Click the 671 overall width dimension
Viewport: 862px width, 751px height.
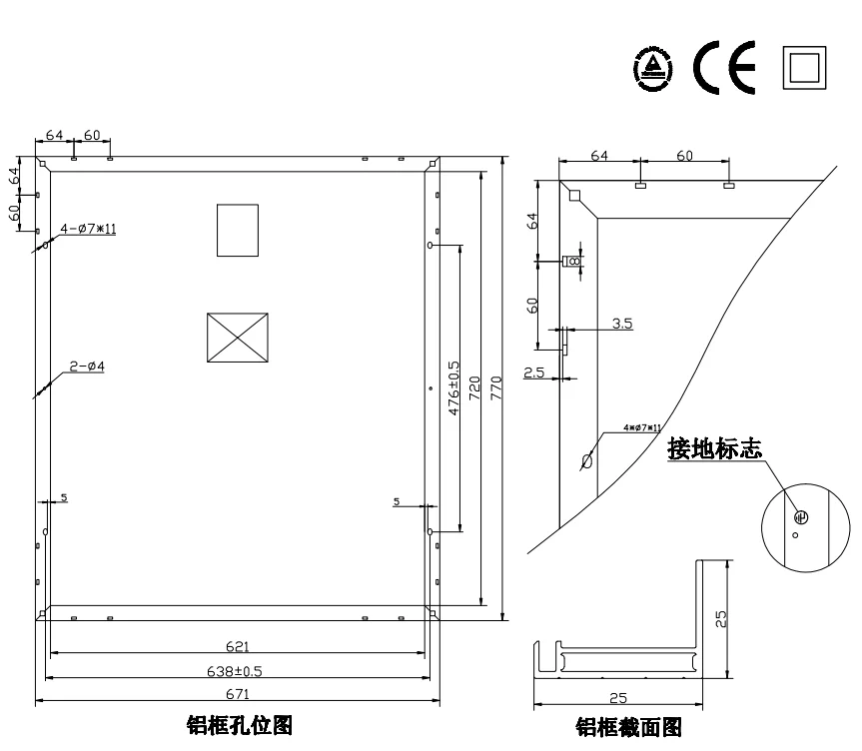(x=236, y=693)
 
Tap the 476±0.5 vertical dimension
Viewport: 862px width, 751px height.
(x=453, y=387)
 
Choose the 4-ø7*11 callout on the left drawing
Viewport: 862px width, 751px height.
(x=89, y=229)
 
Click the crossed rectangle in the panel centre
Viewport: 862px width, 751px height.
(x=238, y=337)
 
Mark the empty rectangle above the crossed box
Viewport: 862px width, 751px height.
(x=238, y=230)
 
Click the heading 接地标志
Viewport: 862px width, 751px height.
(x=714, y=450)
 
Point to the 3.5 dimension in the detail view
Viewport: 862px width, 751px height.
(x=621, y=324)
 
